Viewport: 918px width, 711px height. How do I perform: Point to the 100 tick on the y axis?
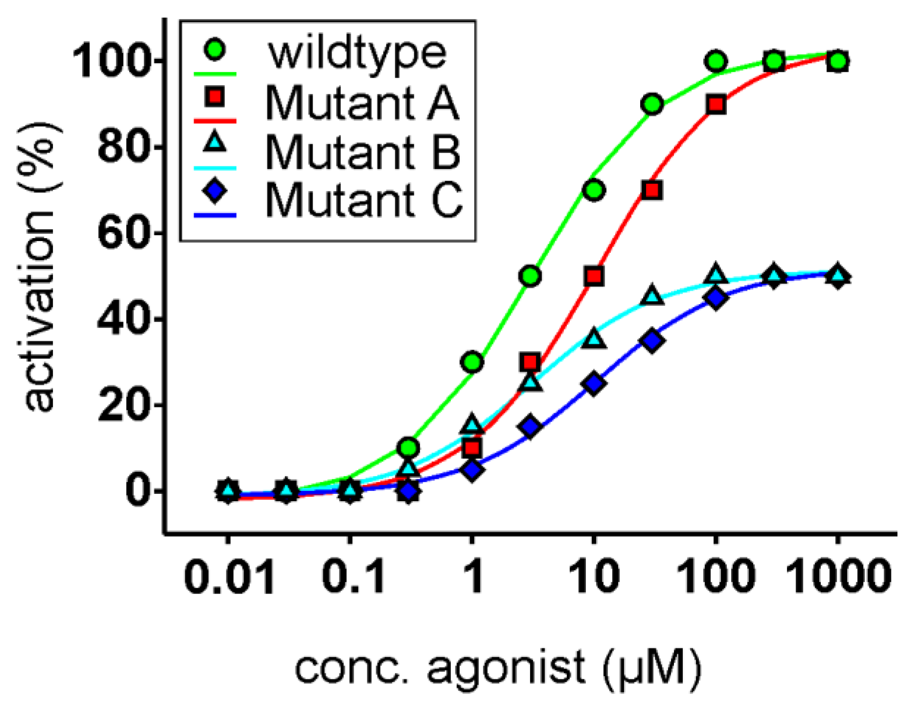tap(110, 62)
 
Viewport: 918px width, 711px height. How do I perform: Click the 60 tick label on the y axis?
tap(122, 233)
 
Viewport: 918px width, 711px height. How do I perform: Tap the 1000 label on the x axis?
tap(838, 577)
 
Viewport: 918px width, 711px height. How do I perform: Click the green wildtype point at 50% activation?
tap(531, 276)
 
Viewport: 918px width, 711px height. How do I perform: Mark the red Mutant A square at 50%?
tap(594, 276)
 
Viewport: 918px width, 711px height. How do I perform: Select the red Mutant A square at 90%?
tap(716, 105)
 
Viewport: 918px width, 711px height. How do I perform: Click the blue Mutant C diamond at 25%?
tap(594, 384)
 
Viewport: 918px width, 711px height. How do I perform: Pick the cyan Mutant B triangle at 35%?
tap(594, 339)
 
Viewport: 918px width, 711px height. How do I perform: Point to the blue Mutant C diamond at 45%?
tap(716, 298)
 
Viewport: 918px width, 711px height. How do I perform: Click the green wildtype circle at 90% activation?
tap(652, 105)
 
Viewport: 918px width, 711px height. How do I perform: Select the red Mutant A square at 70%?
tap(652, 190)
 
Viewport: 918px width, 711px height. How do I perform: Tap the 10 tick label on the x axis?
tap(594, 577)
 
